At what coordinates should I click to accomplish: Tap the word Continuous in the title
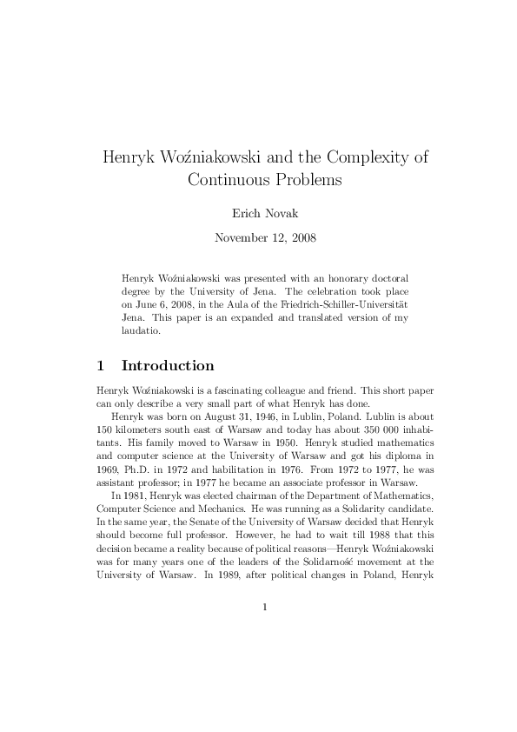point(232,181)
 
